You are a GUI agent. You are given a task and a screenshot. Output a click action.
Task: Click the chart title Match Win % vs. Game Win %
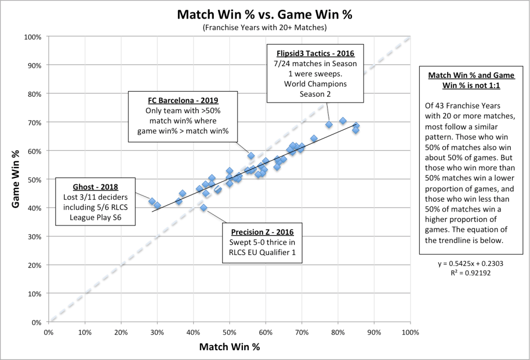point(264,14)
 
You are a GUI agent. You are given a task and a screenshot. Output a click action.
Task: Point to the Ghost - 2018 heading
point(96,187)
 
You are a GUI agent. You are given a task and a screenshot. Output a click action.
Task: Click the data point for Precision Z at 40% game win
point(203,208)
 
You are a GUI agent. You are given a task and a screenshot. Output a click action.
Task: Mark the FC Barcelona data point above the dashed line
point(251,156)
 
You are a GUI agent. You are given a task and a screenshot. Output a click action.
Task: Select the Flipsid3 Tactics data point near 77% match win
point(329,125)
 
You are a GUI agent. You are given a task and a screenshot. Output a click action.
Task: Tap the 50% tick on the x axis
point(229,332)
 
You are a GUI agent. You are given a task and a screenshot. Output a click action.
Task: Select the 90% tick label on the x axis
point(374,332)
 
